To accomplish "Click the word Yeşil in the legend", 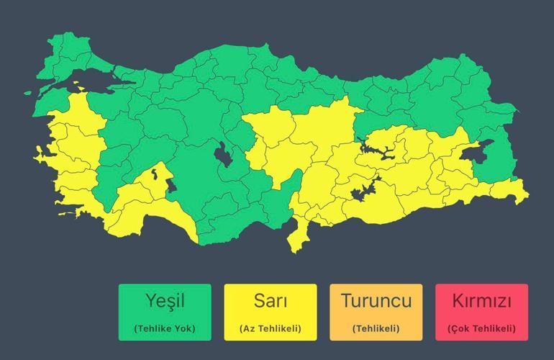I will pos(165,300).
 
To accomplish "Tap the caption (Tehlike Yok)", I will pos(165,329).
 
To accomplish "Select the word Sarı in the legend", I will pos(271,300).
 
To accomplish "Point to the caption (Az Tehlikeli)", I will pos(271,329).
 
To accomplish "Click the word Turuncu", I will pos(376,300).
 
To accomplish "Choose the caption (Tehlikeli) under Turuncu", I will pos(376,329).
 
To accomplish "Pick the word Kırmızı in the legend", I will pos(481,300).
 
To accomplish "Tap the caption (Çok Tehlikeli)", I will pos(481,329).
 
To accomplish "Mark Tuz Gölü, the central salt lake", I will pos(224,155).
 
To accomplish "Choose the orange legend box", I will pos(376,312).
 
